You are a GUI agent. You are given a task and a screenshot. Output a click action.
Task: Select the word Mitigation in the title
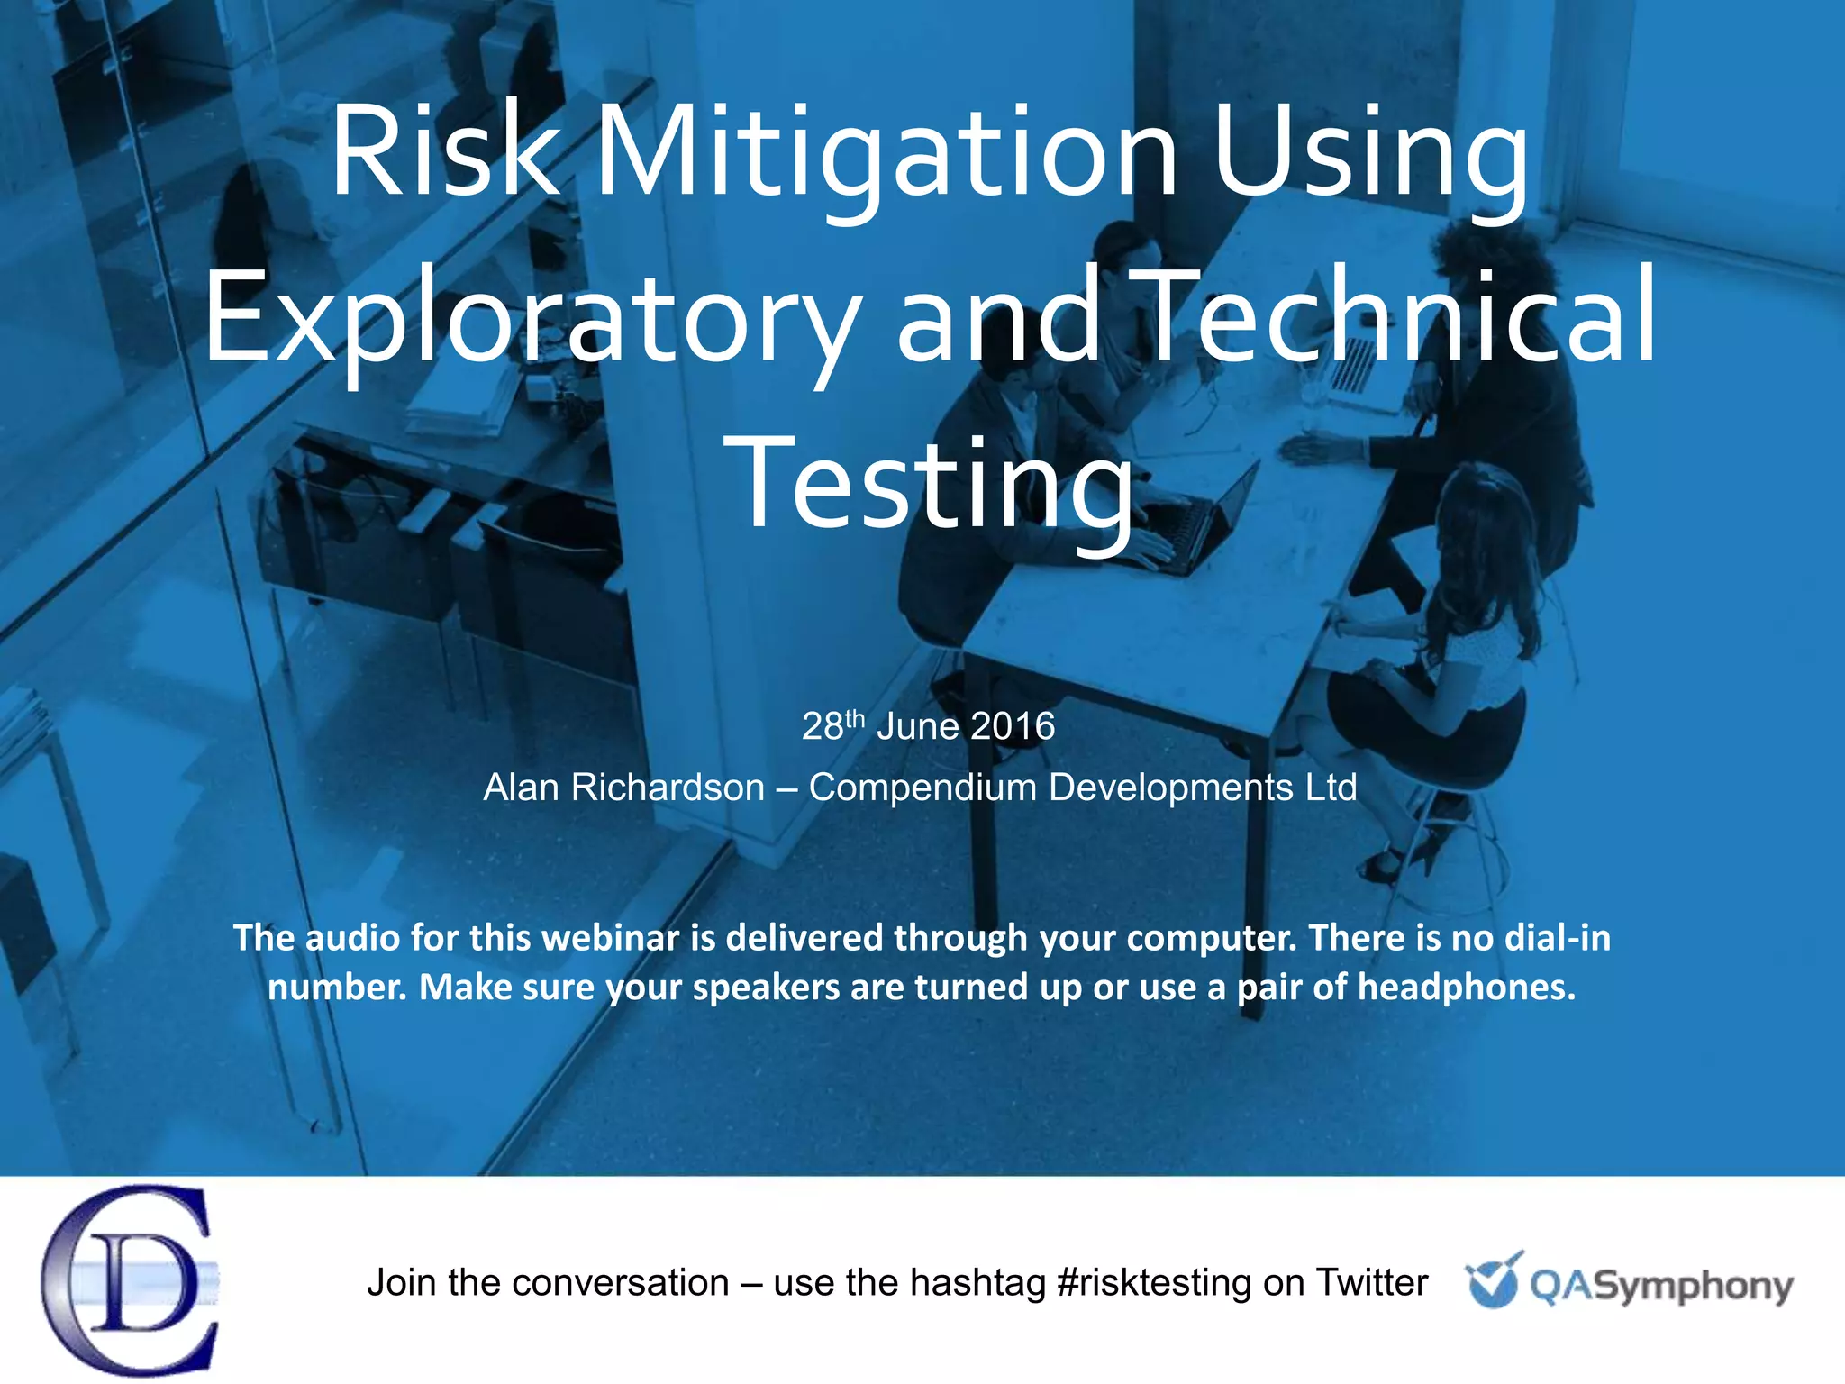[886, 153]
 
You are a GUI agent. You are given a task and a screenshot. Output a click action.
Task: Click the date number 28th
[833, 725]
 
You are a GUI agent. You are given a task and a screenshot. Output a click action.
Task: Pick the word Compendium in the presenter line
[922, 788]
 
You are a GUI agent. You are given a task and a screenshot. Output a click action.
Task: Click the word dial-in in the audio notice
[1558, 938]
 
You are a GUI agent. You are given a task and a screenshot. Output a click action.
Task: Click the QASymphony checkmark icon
[1494, 1279]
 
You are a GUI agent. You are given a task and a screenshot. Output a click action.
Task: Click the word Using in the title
[1371, 153]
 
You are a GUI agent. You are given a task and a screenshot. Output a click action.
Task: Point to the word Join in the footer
[402, 1282]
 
